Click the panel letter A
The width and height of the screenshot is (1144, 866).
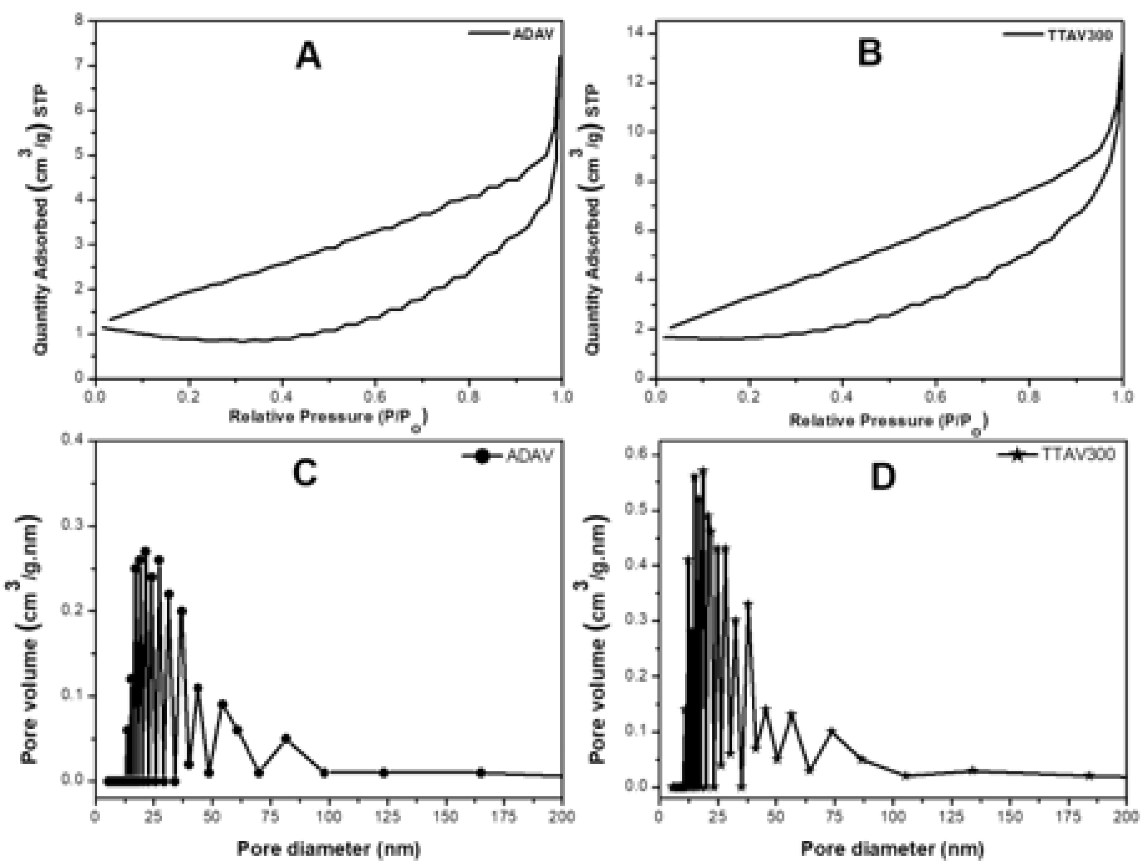(x=308, y=57)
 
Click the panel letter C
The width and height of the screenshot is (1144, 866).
(x=305, y=473)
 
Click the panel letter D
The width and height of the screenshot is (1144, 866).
(x=883, y=478)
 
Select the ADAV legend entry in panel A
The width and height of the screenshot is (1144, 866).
(x=533, y=34)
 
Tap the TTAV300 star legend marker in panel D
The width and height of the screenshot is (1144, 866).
(x=1017, y=455)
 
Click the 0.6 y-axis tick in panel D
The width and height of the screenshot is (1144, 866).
(x=637, y=455)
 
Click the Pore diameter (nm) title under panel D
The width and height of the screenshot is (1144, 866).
(x=892, y=848)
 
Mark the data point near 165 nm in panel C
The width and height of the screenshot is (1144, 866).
(x=481, y=773)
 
